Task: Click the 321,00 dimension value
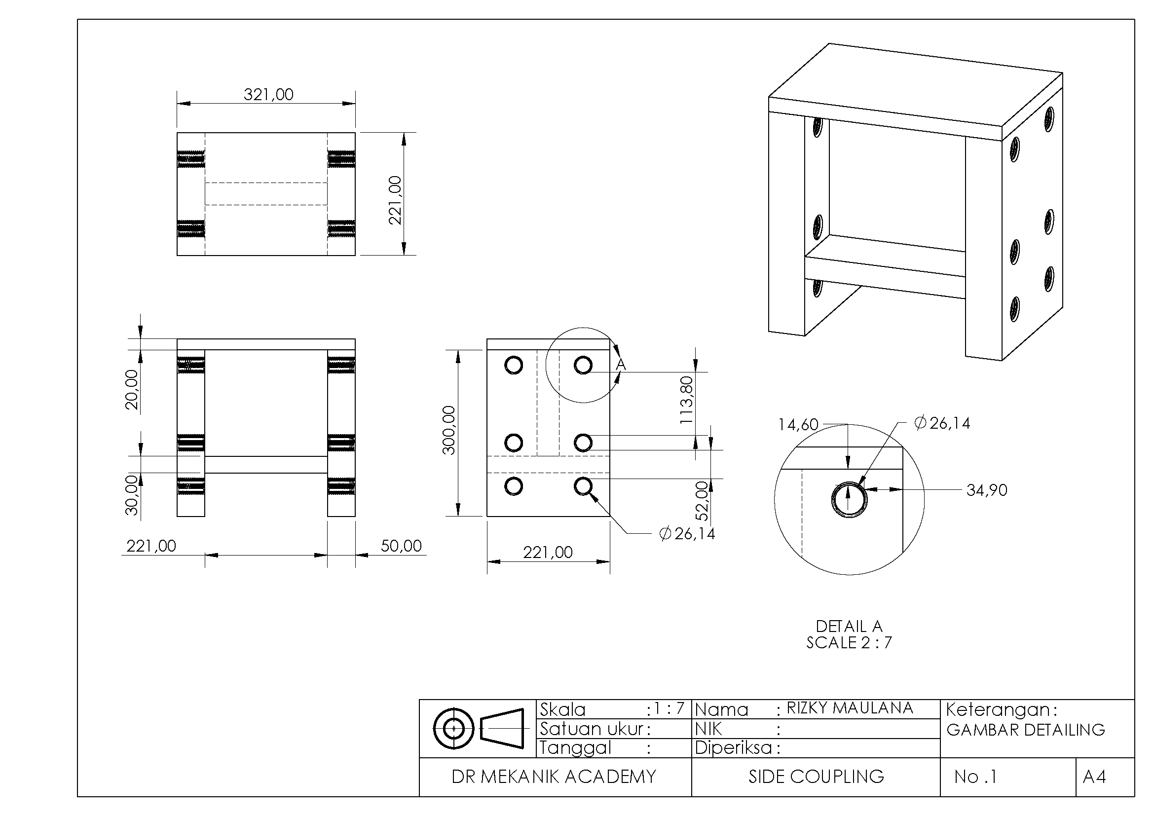[268, 94]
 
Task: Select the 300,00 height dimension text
[448, 430]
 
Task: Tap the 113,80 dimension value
[686, 400]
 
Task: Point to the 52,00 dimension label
[702, 501]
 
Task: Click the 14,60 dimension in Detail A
[799, 425]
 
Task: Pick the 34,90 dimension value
[987, 490]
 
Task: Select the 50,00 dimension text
[401, 546]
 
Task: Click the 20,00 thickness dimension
[131, 390]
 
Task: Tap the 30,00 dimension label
[131, 495]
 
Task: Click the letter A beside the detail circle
[621, 364]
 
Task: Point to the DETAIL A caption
[850, 626]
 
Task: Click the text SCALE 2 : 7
[850, 643]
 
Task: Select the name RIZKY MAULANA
[850, 708]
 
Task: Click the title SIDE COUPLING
[816, 777]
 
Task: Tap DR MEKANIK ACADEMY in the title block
[554, 777]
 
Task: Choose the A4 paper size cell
[1095, 777]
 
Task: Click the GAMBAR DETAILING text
[1026, 730]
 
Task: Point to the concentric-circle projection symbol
[453, 728]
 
